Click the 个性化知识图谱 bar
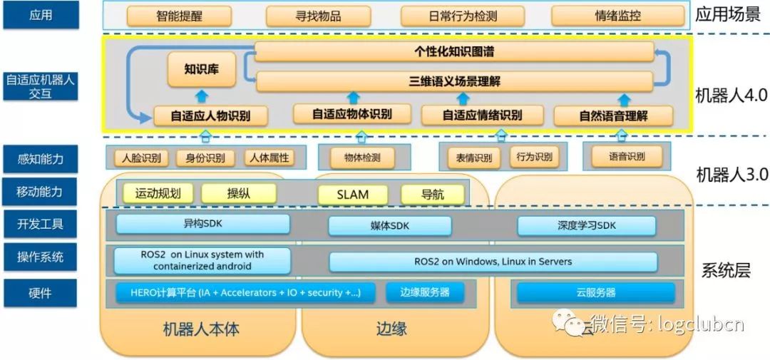point(454,51)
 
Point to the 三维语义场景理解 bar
point(454,81)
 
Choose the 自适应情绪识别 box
point(482,115)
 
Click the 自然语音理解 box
point(614,115)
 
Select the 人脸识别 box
point(141,158)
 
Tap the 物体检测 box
point(362,158)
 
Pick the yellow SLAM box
point(352,194)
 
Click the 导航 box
point(432,194)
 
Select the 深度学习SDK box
point(586,226)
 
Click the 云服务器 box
point(596,292)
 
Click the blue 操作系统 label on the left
point(41,257)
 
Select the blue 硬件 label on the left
point(41,292)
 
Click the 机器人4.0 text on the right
point(731,96)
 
